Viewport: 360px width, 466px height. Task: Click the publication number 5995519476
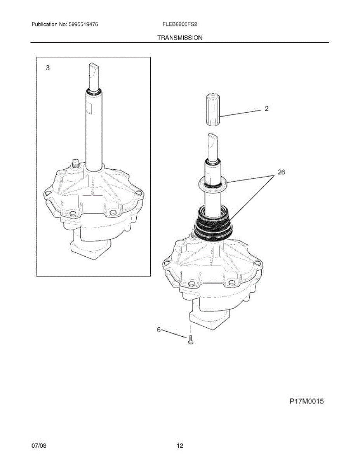83,24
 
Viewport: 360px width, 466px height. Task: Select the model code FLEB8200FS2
180,24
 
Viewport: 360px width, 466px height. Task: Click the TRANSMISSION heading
180,38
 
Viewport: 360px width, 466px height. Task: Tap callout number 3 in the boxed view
48,68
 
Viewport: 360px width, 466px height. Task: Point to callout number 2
266,108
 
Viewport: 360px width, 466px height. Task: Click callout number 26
282,172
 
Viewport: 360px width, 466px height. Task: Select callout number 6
159,330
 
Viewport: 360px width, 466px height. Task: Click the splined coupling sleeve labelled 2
214,110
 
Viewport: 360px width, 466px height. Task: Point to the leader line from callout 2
240,113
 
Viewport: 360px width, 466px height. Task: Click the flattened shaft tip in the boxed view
94,73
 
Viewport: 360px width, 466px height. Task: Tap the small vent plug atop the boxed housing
75,163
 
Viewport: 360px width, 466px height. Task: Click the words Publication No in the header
49,24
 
